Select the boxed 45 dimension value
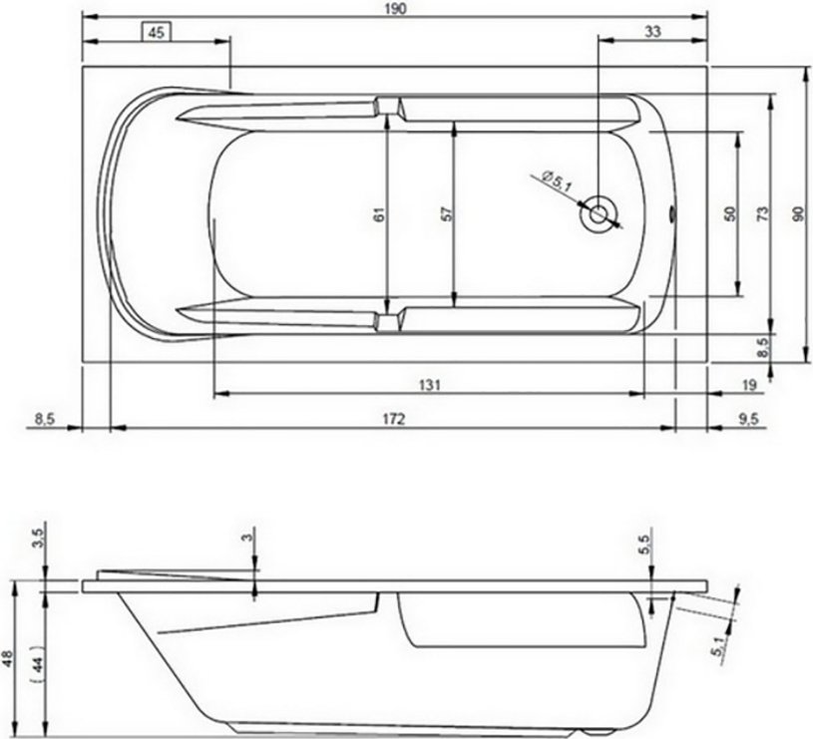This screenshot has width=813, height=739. click(156, 32)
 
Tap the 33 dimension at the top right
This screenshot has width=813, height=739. click(651, 32)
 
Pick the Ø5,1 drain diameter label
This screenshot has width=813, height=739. click(557, 183)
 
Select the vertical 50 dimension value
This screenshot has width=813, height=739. click(730, 213)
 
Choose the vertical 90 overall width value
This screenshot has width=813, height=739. click(796, 213)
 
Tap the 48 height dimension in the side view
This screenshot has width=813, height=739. click(9, 658)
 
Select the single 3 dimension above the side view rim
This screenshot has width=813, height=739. click(247, 539)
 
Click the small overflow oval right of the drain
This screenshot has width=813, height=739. click(672, 212)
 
